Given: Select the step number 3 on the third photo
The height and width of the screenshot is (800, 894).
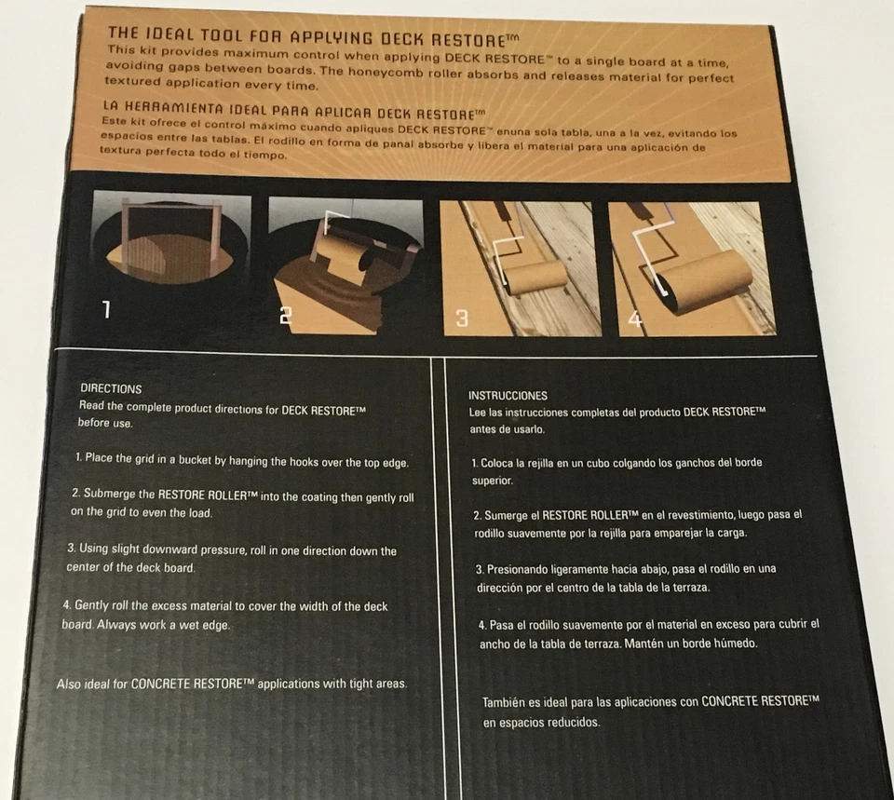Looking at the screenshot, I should [461, 319].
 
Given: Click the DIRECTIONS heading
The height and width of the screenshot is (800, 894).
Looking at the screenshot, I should [111, 388].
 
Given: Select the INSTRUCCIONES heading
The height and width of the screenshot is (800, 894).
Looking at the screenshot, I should [508, 396].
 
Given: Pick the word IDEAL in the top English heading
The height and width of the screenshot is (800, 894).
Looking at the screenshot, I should [176, 36].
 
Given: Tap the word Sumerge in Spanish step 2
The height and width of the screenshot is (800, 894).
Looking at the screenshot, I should [511, 514].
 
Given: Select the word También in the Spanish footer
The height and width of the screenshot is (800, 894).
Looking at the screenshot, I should [506, 702].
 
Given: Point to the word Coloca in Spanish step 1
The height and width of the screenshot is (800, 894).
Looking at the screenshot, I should [501, 462].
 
